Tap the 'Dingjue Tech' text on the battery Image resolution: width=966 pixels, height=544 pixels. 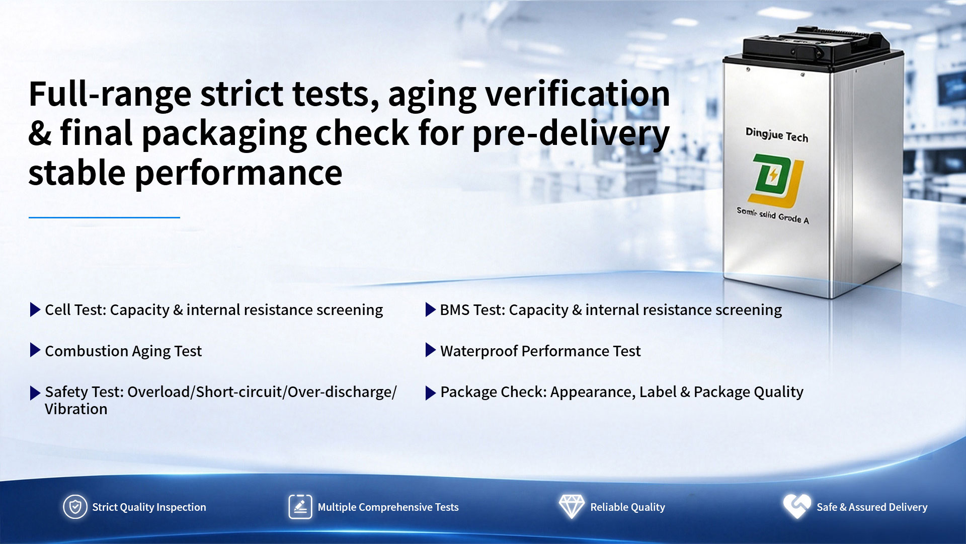776,134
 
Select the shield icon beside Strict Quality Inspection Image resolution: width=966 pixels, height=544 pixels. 75,507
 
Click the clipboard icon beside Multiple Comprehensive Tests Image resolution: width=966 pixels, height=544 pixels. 300,507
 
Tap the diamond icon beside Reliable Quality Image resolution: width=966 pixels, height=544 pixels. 572,506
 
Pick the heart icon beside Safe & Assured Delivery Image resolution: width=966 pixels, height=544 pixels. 797,506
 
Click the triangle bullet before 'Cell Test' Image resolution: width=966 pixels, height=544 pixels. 35,309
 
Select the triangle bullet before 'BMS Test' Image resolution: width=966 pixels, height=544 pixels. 430,309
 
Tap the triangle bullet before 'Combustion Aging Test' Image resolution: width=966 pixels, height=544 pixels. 35,350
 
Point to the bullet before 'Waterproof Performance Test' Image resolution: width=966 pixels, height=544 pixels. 430,350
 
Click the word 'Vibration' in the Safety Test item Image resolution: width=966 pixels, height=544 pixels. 76,409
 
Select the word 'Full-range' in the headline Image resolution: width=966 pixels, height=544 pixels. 110,94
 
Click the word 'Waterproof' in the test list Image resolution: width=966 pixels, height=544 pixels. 479,351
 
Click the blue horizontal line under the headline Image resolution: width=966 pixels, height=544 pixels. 104,217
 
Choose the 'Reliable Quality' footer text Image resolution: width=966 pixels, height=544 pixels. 627,507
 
